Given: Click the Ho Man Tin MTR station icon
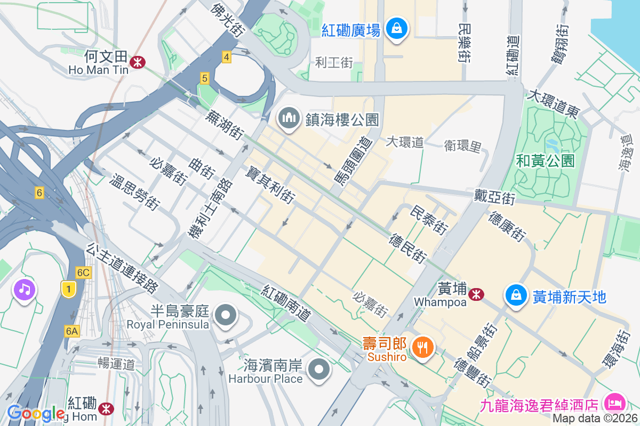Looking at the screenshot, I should tap(138, 62).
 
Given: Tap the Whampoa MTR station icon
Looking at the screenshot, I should tap(476, 293).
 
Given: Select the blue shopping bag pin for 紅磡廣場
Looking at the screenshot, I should tap(397, 28).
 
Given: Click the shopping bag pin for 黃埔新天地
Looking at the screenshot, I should tap(516, 295).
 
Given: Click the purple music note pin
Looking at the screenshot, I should tap(25, 290).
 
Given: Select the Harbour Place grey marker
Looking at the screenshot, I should tap(319, 369).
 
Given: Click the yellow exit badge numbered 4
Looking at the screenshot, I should tap(227, 57).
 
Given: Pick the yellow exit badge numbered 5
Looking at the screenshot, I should tap(204, 78).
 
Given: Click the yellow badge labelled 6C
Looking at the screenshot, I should tap(83, 272).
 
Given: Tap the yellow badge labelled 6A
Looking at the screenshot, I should tap(72, 331).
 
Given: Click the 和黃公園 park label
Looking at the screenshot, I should tap(545, 160).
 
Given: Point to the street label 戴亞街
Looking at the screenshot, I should tap(494, 197).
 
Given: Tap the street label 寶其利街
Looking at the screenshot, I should tap(270, 185).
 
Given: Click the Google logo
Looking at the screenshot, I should tap(36, 413).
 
